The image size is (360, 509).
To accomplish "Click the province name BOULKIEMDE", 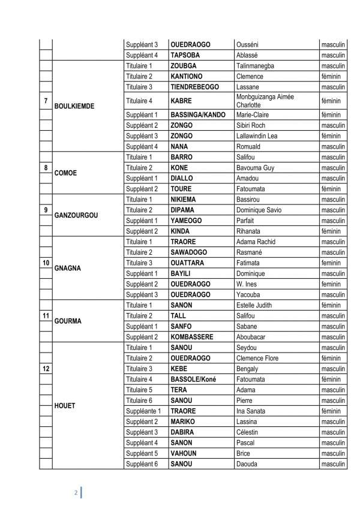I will (x=74, y=106).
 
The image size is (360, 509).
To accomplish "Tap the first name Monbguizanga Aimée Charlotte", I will (x=264, y=100).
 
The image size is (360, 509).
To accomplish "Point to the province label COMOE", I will (x=66, y=173).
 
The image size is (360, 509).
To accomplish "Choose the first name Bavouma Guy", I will (x=256, y=168).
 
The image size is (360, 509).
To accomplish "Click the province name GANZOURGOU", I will (x=76, y=215).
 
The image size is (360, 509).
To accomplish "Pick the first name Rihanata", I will (x=251, y=231).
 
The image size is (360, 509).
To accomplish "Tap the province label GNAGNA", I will (x=67, y=268).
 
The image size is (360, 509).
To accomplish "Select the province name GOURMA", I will (x=68, y=321).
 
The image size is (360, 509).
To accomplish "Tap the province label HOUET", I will (x=65, y=405).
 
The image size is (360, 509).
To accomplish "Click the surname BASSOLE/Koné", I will (x=193, y=379).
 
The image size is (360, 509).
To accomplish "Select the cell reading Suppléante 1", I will (x=143, y=411).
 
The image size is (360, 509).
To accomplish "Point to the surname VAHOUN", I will (x=184, y=453).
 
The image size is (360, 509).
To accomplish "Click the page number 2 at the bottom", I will (x=76, y=493).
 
